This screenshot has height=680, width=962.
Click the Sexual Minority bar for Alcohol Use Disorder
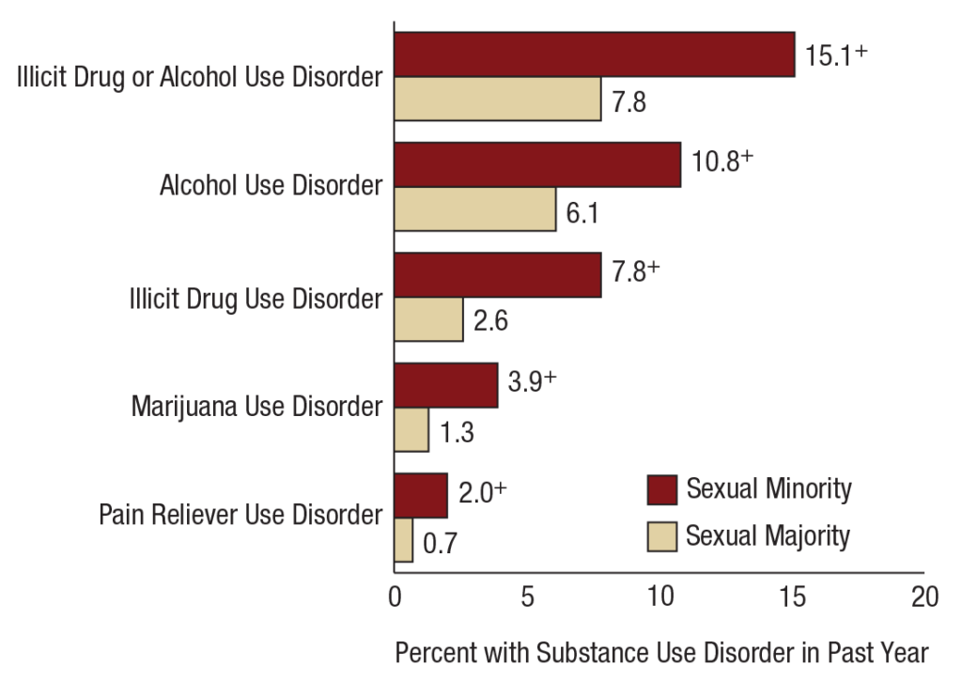pyautogui.click(x=536, y=165)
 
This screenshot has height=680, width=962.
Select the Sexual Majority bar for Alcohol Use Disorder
pyautogui.click(x=474, y=209)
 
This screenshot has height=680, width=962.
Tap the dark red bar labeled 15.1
pyautogui.click(x=594, y=54)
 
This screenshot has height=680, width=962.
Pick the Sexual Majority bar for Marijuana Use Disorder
pyautogui.click(x=411, y=430)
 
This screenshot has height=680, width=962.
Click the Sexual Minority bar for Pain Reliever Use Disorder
pyautogui.click(x=420, y=496)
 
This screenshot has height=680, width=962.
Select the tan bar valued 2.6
pyautogui.click(x=428, y=319)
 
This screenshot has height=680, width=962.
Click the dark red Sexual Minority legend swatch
pyautogui.click(x=661, y=490)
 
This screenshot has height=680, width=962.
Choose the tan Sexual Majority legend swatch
pyautogui.click(x=661, y=536)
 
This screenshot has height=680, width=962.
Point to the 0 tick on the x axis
pyautogui.click(x=395, y=597)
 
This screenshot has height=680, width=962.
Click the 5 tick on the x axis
pyautogui.click(x=527, y=597)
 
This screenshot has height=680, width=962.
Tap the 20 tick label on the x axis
pyautogui.click(x=924, y=597)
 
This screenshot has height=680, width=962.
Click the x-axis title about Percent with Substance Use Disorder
pyautogui.click(x=661, y=652)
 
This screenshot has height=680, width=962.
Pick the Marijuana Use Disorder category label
pyautogui.click(x=256, y=408)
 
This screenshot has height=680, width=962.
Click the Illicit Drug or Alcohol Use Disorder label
pyautogui.click(x=200, y=76)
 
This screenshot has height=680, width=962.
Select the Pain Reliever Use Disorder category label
pyautogui.click(x=240, y=516)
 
